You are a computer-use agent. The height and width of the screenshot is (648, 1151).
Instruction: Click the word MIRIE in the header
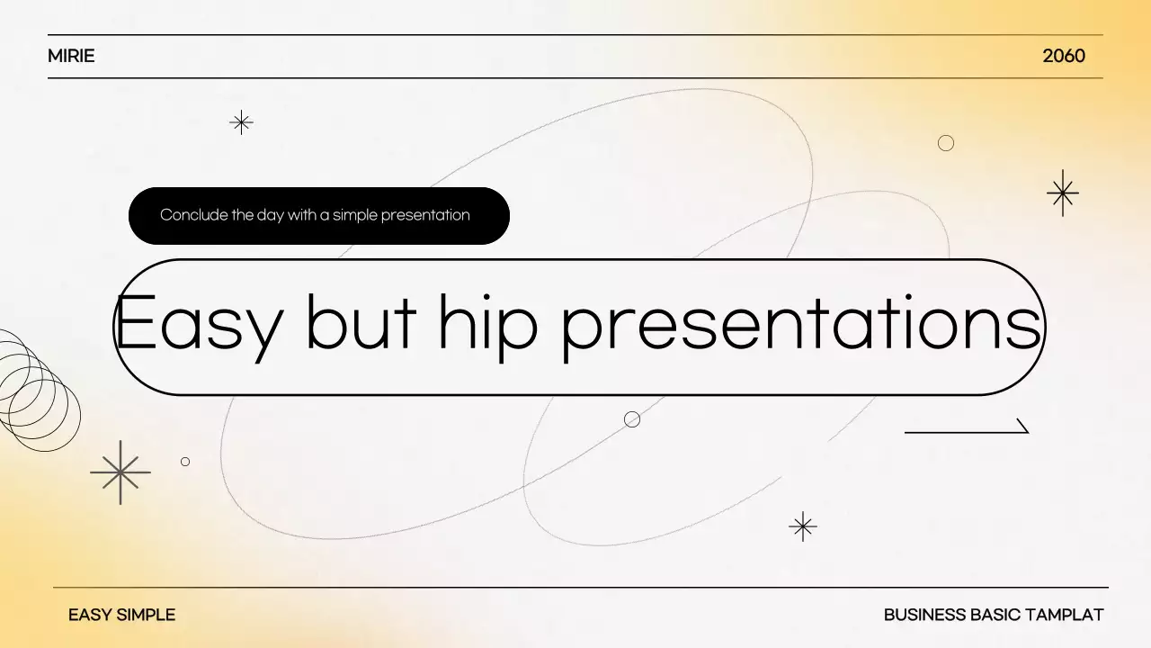[71, 56]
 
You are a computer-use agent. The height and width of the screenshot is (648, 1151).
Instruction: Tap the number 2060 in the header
[1064, 56]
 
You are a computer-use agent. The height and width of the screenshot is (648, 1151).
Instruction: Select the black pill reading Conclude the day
[319, 216]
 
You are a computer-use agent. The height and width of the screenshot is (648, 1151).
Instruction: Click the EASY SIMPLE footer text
[121, 616]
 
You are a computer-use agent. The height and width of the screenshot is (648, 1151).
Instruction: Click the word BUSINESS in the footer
[925, 616]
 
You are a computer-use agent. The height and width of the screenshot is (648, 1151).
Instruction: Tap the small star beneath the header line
[241, 122]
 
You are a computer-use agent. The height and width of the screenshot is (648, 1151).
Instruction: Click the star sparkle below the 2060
[1063, 193]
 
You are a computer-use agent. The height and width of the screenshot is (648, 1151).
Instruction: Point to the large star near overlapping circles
[120, 472]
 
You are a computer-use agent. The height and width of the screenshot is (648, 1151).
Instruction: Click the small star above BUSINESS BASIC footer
[802, 526]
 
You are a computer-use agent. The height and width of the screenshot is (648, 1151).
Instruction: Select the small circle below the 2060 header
[946, 143]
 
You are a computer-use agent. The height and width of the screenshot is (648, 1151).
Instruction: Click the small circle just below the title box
[632, 419]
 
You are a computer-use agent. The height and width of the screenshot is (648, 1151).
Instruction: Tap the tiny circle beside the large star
[185, 462]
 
